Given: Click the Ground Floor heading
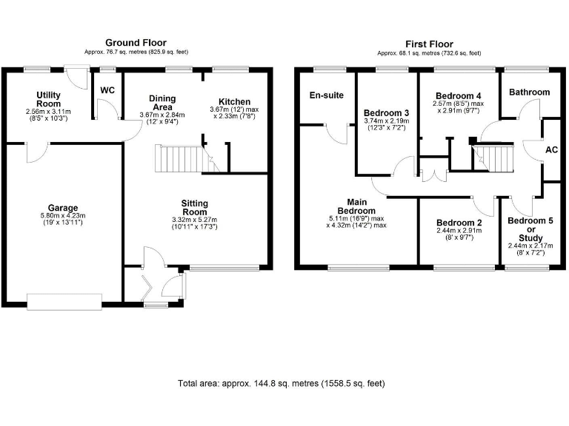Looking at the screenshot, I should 136,43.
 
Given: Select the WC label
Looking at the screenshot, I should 107,89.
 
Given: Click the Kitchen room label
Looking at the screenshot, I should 234,101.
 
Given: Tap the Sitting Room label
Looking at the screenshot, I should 195,207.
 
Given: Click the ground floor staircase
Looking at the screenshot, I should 179,158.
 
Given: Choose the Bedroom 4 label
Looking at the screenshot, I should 458,96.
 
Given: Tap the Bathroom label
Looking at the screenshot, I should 529,92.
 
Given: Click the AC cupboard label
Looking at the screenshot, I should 551,149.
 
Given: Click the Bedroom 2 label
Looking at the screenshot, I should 458,223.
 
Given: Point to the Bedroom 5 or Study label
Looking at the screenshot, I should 525,229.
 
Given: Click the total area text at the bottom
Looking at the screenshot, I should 281,383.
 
